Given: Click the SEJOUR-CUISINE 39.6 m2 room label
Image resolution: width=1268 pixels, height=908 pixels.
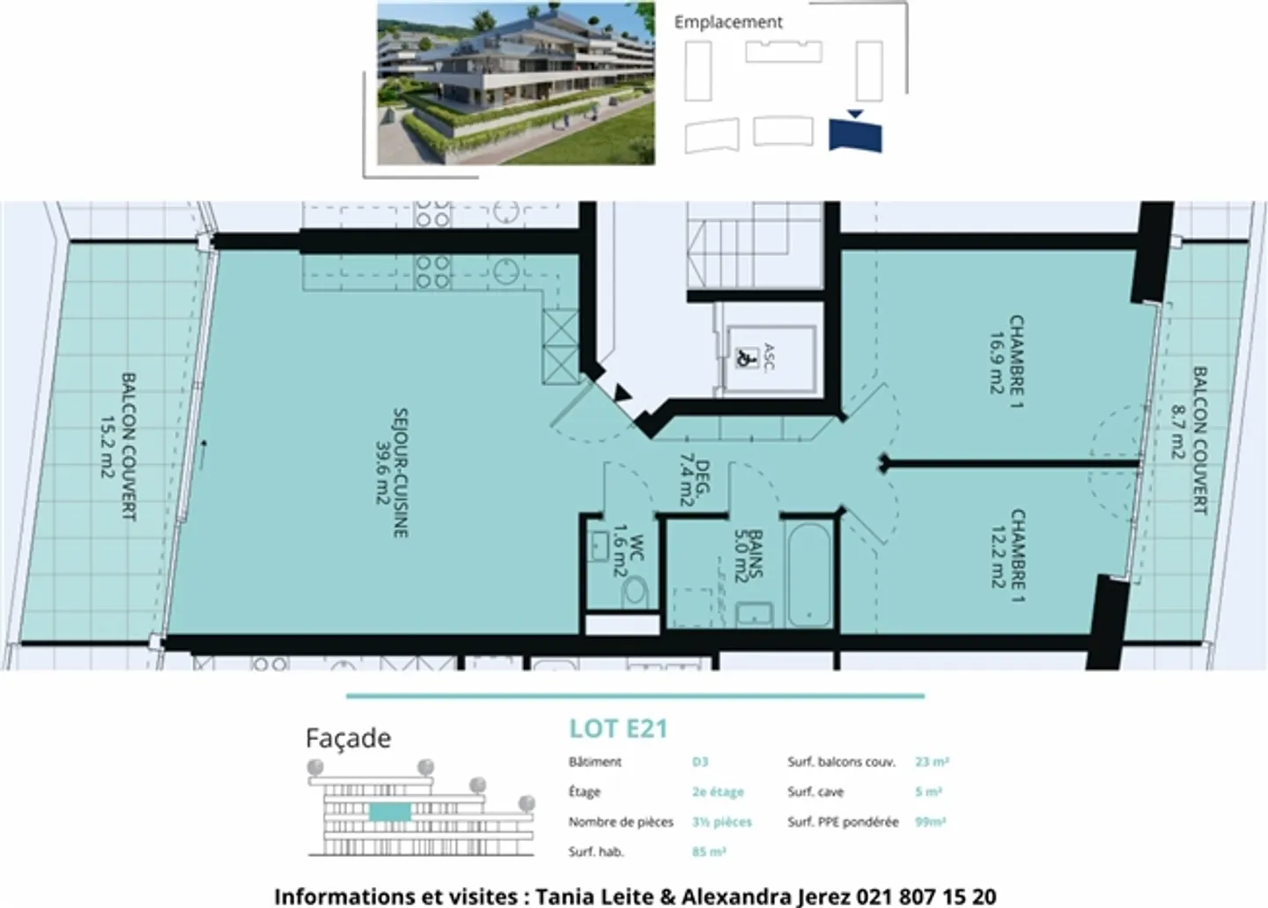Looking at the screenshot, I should [390, 472].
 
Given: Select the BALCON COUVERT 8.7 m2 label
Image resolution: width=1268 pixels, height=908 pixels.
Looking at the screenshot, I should [1189, 439].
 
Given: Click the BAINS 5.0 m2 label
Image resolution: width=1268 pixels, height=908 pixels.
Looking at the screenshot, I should [747, 554].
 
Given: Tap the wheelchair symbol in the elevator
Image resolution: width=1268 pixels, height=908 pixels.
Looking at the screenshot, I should [746, 358].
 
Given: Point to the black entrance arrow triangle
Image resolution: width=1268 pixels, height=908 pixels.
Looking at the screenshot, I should [623, 394].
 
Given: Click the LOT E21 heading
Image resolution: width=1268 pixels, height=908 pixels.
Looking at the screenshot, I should [618, 729].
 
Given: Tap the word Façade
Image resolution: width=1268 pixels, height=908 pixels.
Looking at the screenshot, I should [348, 738].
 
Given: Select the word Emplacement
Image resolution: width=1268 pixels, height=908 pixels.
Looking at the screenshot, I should [727, 22].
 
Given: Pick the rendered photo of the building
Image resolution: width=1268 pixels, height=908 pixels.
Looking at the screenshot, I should [516, 83].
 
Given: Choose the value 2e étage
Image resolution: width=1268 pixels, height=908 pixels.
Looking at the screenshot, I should [718, 792].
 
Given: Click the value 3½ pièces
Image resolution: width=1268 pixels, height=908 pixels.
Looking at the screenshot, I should [721, 822].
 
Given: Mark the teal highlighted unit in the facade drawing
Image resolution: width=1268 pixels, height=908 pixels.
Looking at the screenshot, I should [390, 811].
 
